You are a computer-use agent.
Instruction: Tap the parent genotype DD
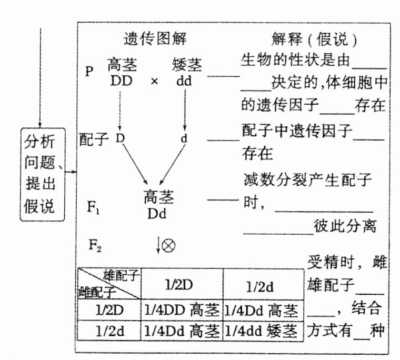click(122, 82)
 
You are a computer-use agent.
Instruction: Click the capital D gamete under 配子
click(120, 138)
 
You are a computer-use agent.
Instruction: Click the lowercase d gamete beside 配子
click(184, 139)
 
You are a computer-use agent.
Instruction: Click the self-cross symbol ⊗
click(168, 246)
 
